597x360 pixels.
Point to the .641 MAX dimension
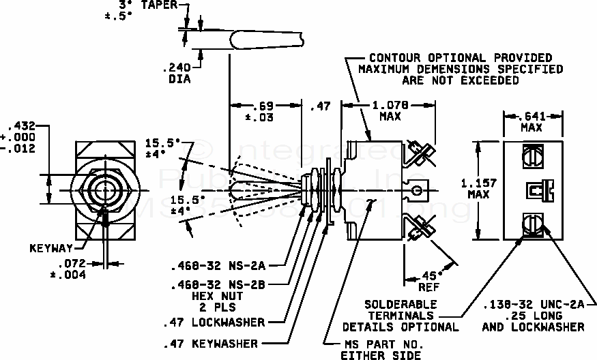click(x=534, y=121)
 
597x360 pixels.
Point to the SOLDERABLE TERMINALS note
click(x=401, y=316)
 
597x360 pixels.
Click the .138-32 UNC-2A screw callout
click(x=532, y=305)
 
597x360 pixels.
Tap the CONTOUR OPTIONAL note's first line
click(x=461, y=58)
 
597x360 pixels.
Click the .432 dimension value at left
click(x=19, y=125)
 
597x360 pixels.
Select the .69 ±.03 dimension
click(x=263, y=111)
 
